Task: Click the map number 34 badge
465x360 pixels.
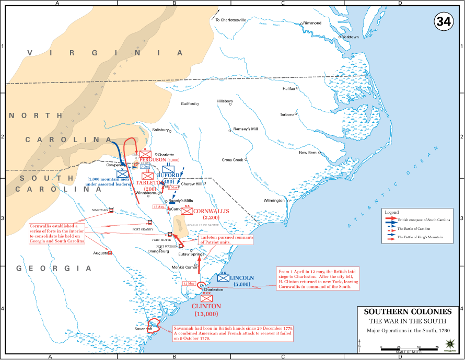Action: pos(444,21)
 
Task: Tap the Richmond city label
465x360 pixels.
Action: pos(312,23)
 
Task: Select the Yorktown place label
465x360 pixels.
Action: pos(350,37)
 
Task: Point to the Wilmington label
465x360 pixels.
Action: pos(275,201)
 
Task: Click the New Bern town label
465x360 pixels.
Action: pos(308,153)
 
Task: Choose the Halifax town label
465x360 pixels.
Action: pos(288,88)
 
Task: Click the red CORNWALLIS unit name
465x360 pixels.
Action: pos(211,211)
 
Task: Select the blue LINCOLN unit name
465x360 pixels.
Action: pos(241,278)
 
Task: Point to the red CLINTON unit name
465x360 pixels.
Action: pos(206,306)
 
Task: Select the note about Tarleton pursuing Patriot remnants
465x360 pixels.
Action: pos(226,239)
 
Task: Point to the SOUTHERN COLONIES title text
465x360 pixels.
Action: pos(408,311)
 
